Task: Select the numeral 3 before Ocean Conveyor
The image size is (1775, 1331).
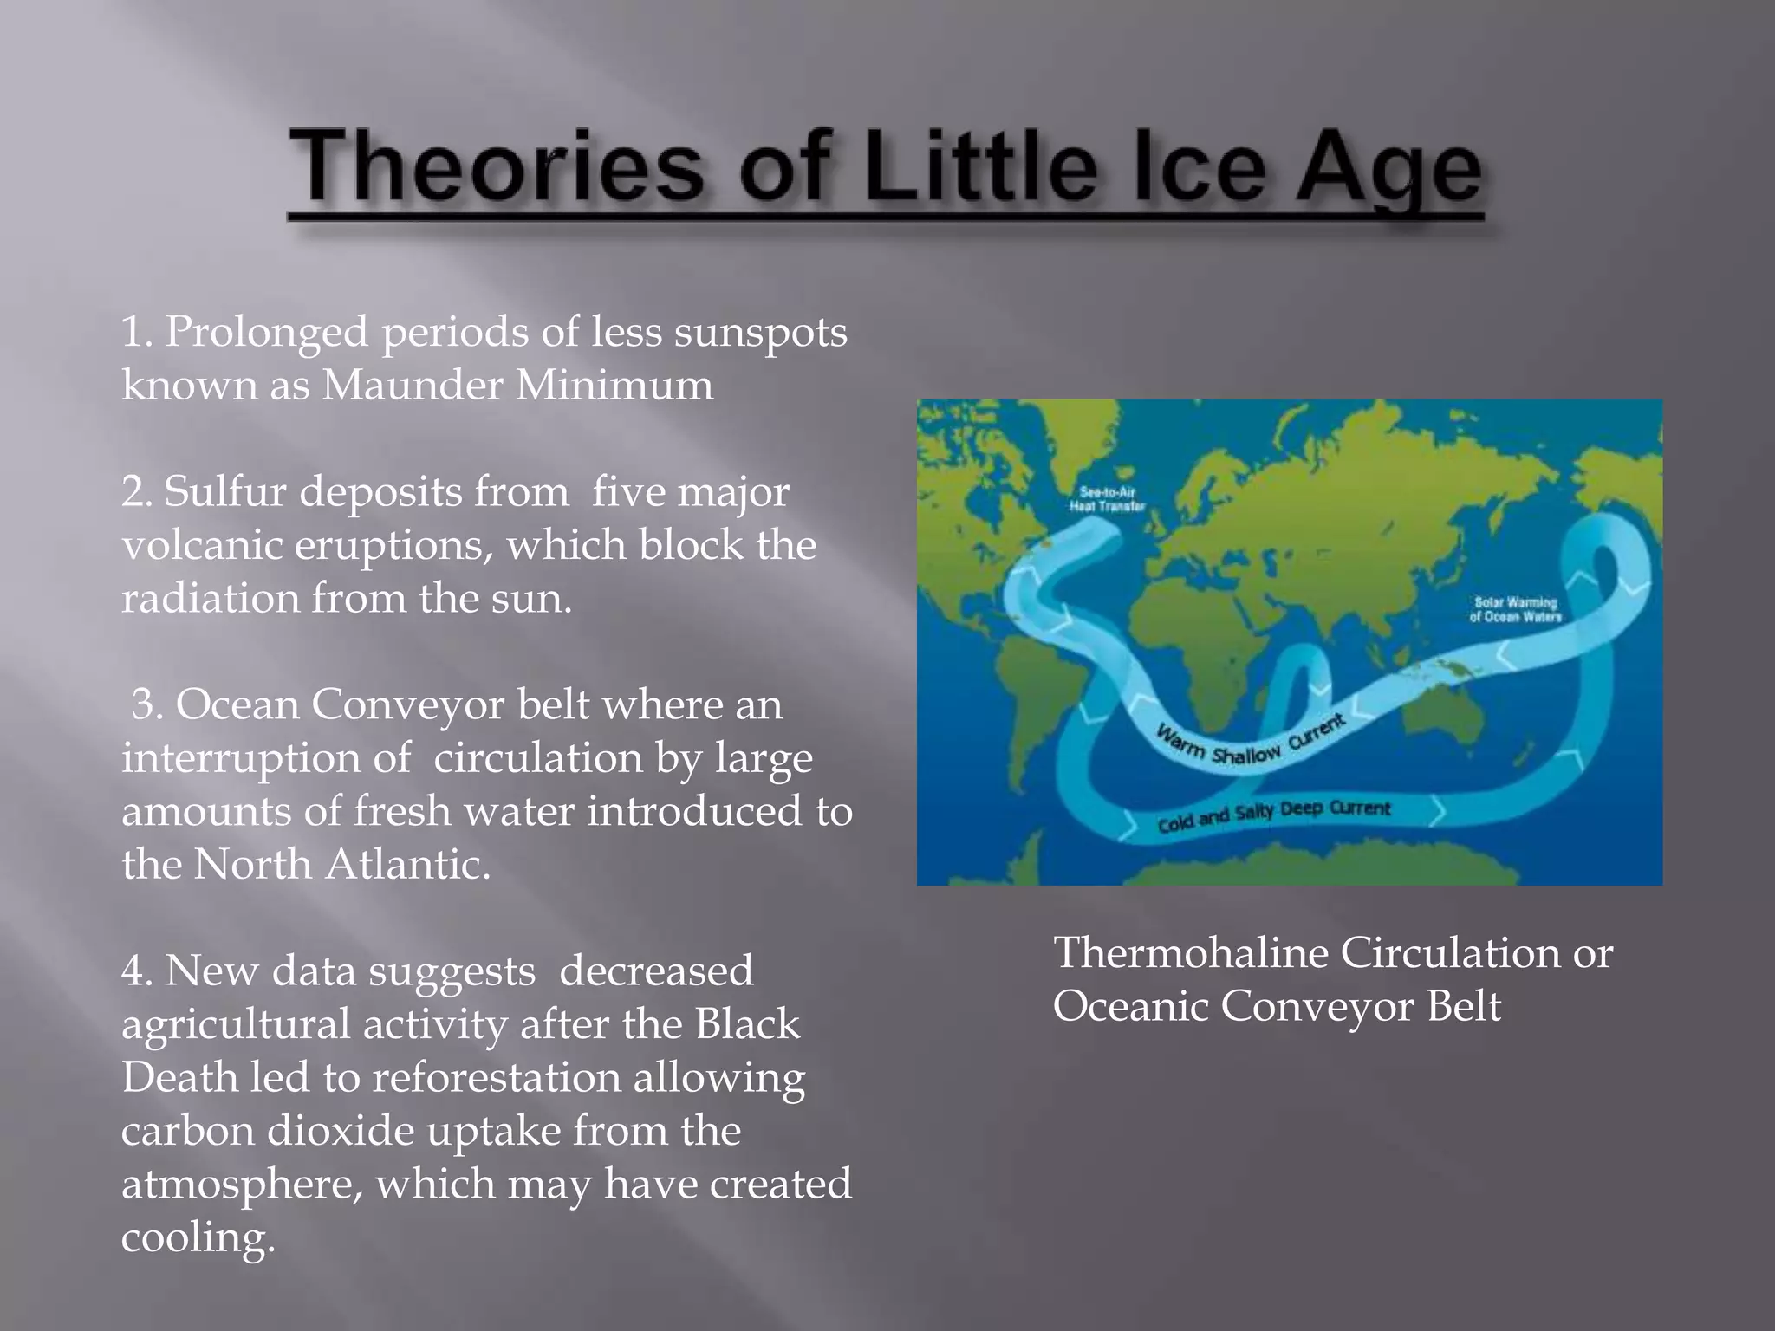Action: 146,704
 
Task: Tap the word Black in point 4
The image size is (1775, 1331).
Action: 747,1024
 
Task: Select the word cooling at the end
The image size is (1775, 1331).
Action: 198,1237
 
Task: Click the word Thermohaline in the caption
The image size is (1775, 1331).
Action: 1191,953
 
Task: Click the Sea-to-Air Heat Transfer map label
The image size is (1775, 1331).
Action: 1107,500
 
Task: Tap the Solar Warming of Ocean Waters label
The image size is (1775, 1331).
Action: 1515,609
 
